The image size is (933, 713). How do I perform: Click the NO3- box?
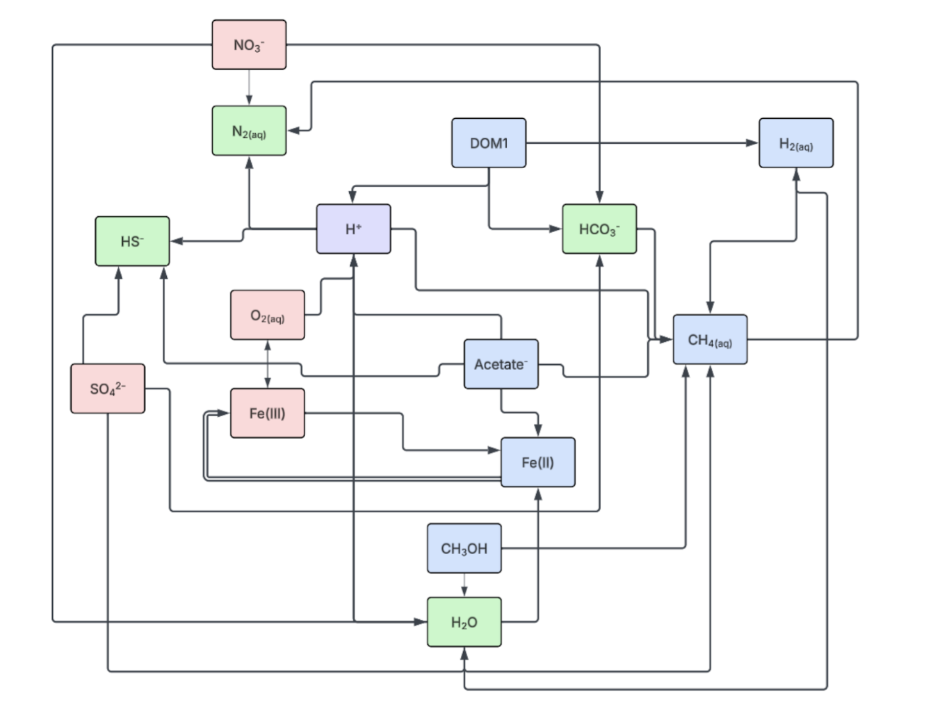249,45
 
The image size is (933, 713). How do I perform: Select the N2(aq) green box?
249,131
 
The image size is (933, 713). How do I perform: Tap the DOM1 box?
489,143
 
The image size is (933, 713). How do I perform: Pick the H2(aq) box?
796,143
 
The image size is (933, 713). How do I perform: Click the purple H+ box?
353,229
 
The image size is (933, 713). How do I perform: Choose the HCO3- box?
599,229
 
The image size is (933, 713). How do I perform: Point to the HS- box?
132,241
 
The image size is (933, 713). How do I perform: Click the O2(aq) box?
268,315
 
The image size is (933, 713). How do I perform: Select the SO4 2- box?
108,388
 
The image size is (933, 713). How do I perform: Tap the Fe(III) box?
268,413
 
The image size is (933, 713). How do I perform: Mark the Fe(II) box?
537,462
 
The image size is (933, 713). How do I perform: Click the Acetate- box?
501,364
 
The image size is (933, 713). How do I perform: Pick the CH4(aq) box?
710,339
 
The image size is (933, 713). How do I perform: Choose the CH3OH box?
464,548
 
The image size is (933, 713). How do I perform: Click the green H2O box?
464,622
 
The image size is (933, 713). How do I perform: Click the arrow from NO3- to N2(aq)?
249,88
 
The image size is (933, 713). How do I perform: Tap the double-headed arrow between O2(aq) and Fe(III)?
268,364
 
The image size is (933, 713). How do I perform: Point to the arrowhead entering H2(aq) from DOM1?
752,143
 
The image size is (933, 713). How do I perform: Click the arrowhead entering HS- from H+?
177,241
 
